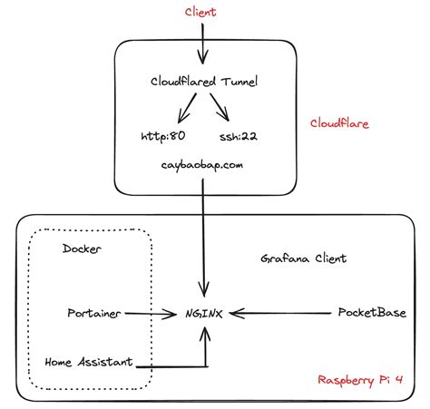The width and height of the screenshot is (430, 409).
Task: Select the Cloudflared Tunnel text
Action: (204, 82)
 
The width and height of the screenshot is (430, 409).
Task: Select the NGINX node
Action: (206, 313)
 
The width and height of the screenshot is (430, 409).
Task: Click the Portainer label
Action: (94, 313)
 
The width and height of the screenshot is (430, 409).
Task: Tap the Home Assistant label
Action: (88, 363)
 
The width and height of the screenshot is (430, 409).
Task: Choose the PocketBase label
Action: (372, 313)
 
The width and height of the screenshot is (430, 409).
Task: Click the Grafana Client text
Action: (303, 258)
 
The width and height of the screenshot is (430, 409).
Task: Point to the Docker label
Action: (83, 248)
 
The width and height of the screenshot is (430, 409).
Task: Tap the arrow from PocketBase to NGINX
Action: (281, 314)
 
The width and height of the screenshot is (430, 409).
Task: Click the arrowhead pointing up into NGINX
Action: (206, 335)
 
